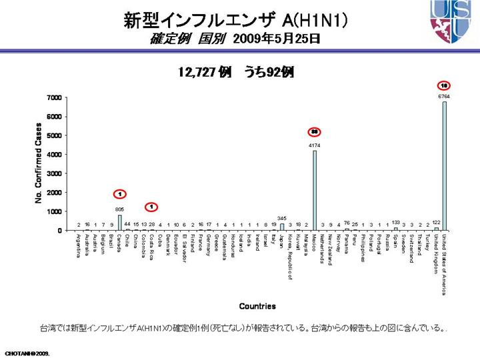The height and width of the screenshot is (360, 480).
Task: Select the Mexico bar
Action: pyautogui.click(x=314, y=190)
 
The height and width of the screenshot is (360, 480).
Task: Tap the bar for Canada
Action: pyautogui.click(x=119, y=222)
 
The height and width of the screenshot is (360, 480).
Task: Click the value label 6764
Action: pyautogui.click(x=444, y=97)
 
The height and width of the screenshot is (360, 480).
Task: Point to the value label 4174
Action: pyautogui.click(x=314, y=145)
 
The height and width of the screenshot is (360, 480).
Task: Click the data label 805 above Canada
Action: pyautogui.click(x=119, y=209)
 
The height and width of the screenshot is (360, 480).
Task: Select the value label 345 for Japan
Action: pyautogui.click(x=281, y=218)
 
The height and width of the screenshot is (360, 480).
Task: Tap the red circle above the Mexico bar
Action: pyautogui.click(x=314, y=132)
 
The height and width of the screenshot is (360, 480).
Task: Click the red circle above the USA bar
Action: pyautogui.click(x=444, y=85)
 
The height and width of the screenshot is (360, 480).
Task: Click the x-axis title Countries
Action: pyautogui.click(x=257, y=306)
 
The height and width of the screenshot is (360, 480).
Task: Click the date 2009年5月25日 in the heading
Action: pyautogui.click(x=277, y=39)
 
